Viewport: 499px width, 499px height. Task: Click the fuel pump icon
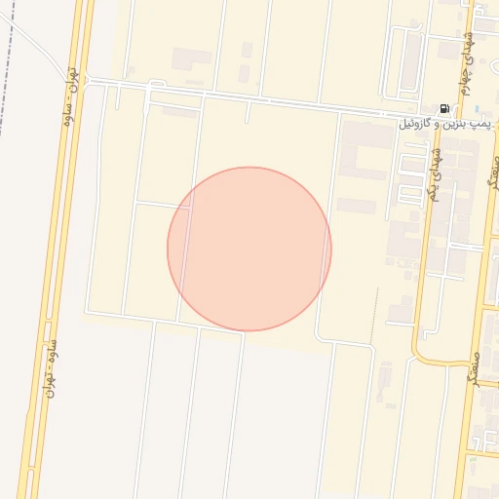point(444,109)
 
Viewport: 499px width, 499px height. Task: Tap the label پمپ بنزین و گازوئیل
point(447,125)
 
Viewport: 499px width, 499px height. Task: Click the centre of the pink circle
point(249,249)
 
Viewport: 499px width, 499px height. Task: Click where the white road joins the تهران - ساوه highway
point(88,80)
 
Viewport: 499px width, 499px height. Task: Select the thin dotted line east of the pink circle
point(377,312)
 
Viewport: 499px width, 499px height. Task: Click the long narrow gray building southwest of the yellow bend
point(386,382)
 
